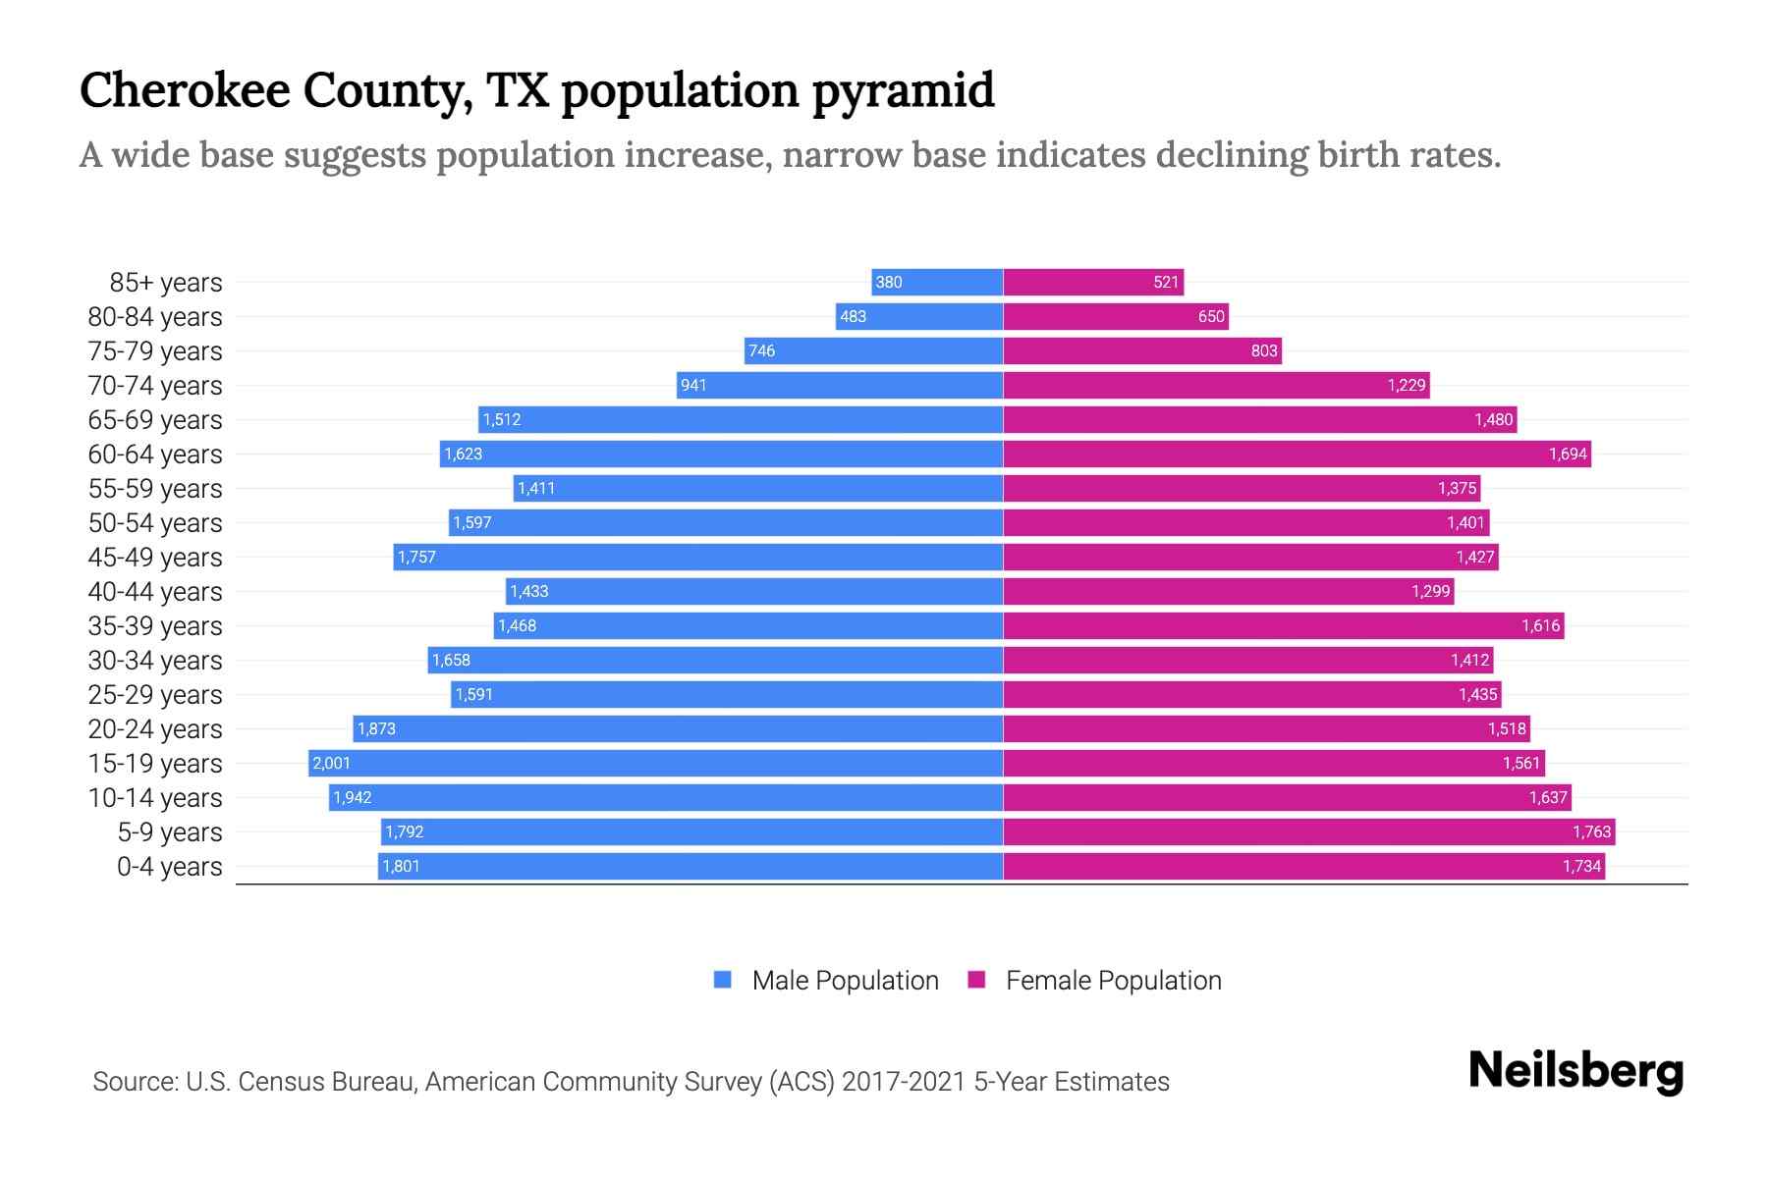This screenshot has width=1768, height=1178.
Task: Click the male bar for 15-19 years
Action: click(x=655, y=763)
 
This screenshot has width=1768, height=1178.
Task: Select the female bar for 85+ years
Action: click(x=1092, y=282)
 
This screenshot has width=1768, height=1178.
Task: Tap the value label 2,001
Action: click(x=331, y=763)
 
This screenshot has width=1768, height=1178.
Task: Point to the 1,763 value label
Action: click(x=1591, y=831)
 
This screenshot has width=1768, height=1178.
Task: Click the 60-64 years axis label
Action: click(x=155, y=454)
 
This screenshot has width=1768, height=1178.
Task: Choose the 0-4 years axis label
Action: click(x=169, y=866)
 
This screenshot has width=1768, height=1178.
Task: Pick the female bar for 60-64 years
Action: click(x=1297, y=454)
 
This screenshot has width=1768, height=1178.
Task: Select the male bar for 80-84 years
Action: click(x=918, y=316)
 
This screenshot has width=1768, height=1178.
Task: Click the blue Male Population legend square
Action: click(x=723, y=980)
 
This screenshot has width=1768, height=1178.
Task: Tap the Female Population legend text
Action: click(x=1113, y=980)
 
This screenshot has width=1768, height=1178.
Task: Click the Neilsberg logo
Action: click(x=1575, y=1071)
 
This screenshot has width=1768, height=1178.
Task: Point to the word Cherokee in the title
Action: click(x=185, y=90)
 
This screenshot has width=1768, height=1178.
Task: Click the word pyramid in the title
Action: click(x=903, y=90)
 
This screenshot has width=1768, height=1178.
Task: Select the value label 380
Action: click(x=888, y=282)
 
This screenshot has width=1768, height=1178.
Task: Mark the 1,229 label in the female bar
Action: click(x=1406, y=385)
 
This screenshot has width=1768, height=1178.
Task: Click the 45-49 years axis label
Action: click(x=155, y=557)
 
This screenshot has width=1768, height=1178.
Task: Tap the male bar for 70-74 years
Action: click(x=840, y=385)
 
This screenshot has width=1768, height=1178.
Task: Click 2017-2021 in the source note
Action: click(x=904, y=1081)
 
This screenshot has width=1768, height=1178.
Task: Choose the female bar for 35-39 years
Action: click(x=1283, y=625)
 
